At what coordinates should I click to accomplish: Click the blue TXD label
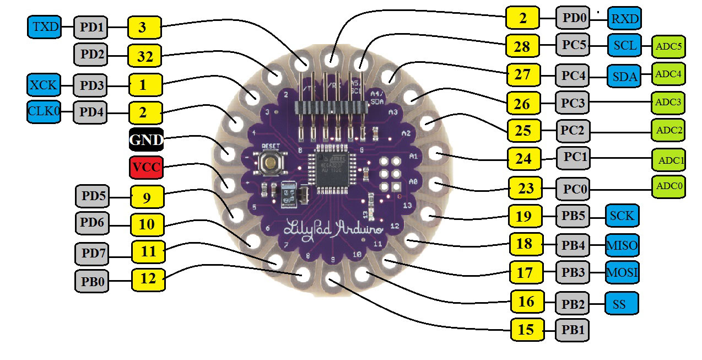point(43,26)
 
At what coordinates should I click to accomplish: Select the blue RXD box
point(624,19)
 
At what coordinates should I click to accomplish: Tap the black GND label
point(146,140)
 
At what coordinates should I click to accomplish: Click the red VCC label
point(146,168)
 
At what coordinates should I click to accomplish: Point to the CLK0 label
point(43,112)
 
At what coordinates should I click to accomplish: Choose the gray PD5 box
point(91,196)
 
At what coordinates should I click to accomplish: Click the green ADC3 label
point(668,103)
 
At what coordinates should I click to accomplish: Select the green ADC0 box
point(668,187)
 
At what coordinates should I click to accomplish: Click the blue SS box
point(622,303)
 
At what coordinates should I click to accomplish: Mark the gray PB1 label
point(573,330)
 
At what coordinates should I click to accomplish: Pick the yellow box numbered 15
point(527,330)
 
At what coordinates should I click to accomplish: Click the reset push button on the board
point(270,162)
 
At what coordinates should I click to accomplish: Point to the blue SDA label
point(624,76)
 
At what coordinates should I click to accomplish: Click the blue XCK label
point(43,85)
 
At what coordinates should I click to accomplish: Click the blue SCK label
point(622,216)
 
